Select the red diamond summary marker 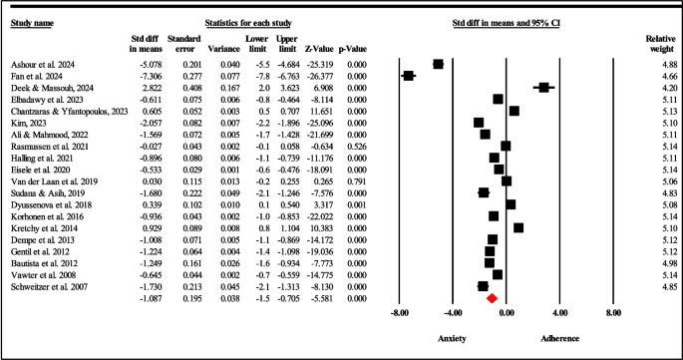pyautogui.click(x=491, y=297)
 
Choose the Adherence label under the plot pyautogui.click(x=560, y=338)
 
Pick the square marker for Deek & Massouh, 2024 pyautogui.click(x=543, y=88)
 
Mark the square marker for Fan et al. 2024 pyautogui.click(x=408, y=76)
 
